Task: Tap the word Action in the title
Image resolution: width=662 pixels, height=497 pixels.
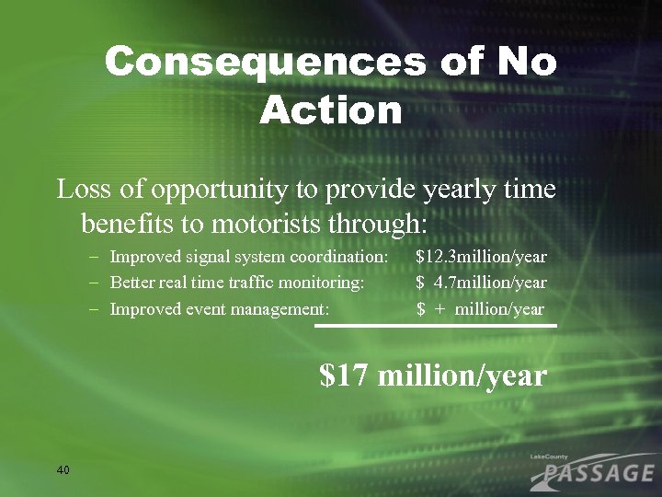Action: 331,111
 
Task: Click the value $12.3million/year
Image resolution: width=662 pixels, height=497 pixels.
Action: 481,256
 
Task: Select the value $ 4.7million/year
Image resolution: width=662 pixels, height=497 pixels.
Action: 481,283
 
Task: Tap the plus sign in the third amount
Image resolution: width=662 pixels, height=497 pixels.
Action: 440,310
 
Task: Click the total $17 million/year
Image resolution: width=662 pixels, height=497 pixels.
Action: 433,376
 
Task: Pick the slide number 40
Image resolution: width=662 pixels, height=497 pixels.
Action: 63,470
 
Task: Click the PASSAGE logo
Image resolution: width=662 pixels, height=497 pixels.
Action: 593,472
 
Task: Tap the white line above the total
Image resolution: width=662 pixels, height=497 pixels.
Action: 436,326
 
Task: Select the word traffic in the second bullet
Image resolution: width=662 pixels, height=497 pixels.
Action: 253,283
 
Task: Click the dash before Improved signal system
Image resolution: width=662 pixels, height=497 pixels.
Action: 96,257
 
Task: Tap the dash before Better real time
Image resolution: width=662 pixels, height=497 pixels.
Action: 96,283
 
